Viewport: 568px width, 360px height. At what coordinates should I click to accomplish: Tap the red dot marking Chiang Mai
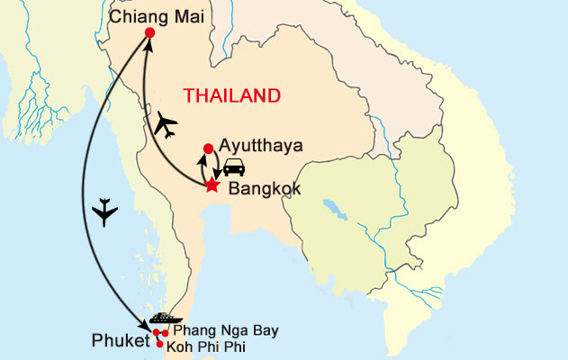[x=149, y=33]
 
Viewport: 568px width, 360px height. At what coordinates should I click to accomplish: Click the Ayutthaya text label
[x=260, y=145]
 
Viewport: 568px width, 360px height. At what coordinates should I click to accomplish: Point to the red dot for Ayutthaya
[x=209, y=148]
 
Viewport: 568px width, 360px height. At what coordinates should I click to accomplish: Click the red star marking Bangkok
[x=212, y=186]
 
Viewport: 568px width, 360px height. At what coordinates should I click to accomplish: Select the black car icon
[x=234, y=167]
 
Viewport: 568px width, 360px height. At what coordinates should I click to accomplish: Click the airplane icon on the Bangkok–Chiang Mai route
[x=166, y=125]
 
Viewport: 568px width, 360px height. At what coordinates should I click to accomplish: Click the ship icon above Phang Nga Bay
[x=167, y=319]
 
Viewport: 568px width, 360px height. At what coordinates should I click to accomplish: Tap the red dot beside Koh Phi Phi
[x=160, y=344]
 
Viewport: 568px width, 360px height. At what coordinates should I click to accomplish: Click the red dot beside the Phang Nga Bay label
[x=166, y=334]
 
